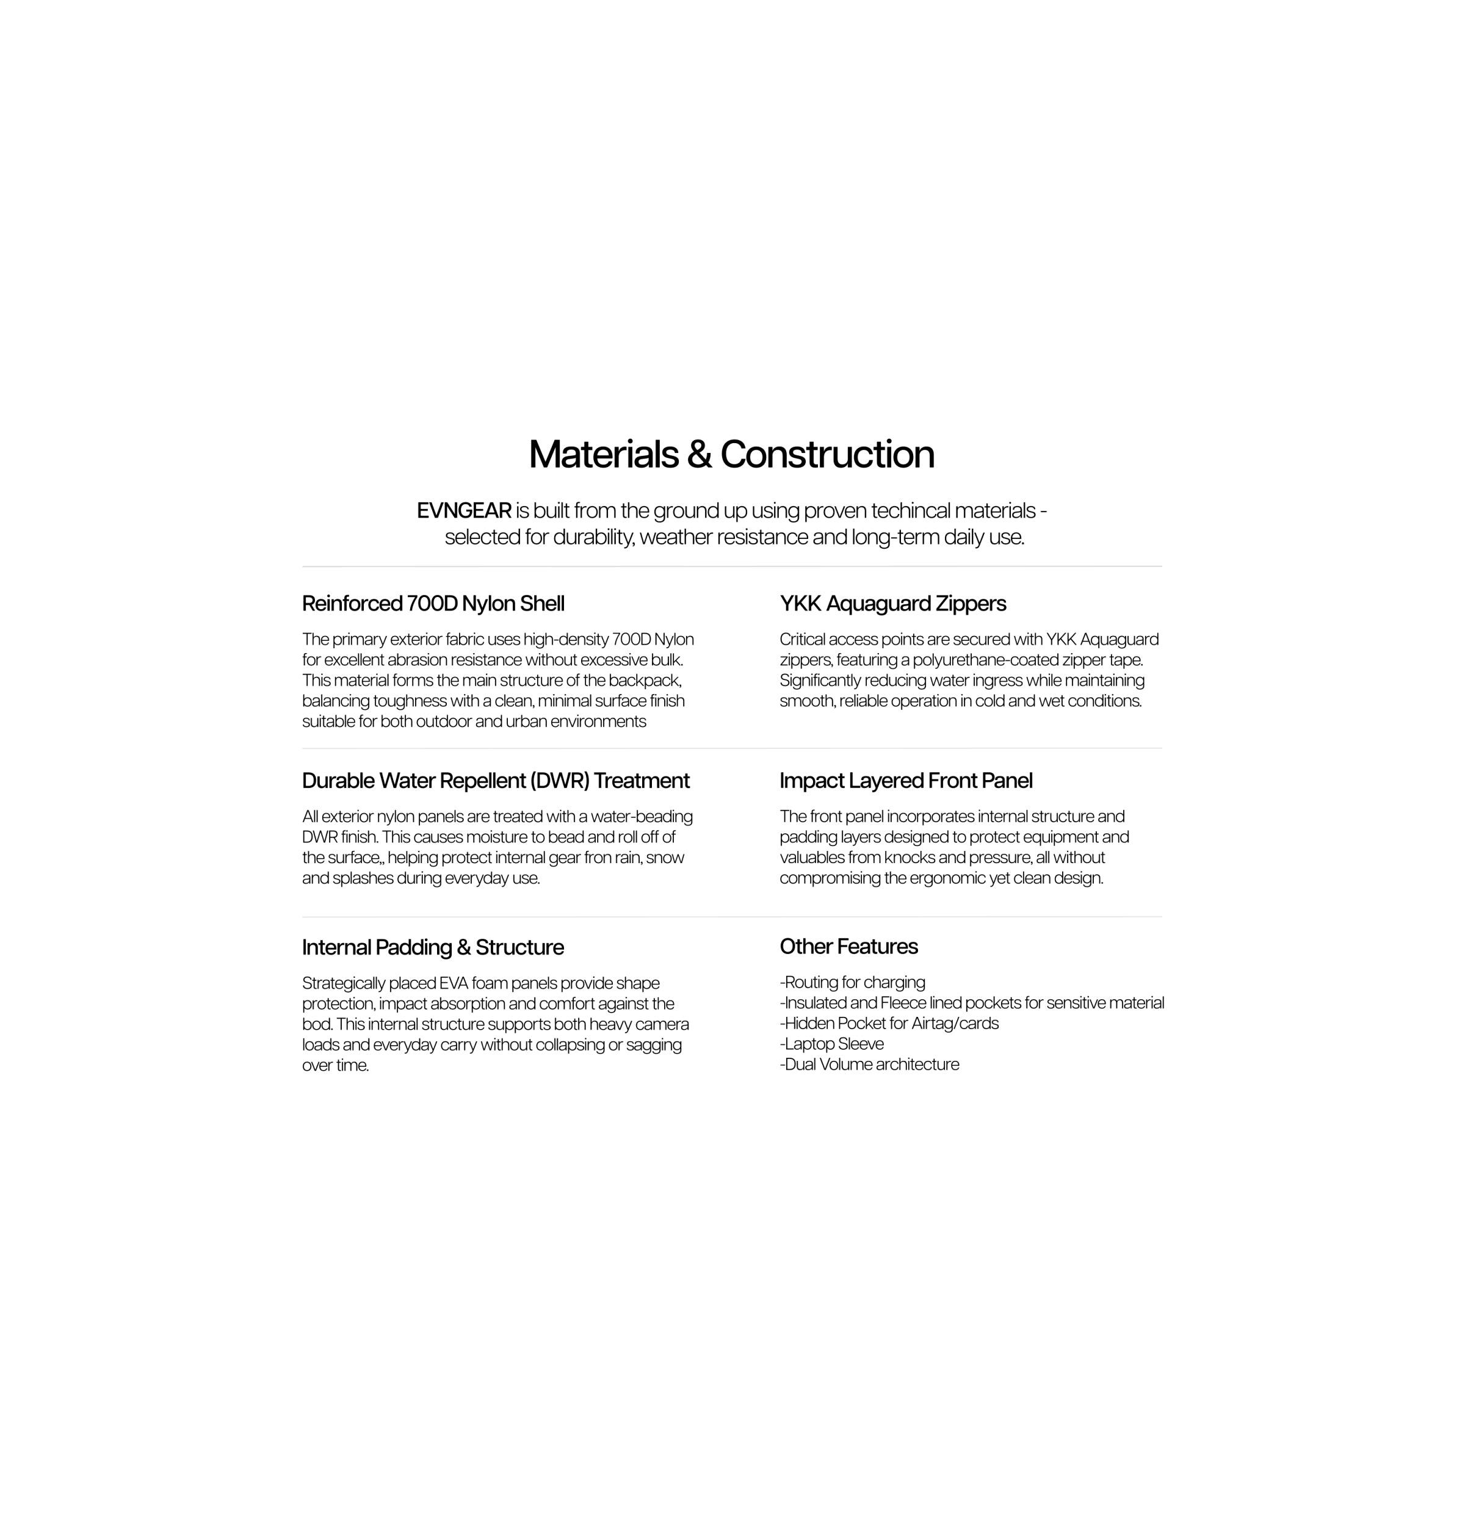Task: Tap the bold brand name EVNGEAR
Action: coord(464,511)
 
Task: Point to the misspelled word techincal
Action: coord(910,511)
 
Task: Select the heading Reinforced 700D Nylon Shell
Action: coord(433,604)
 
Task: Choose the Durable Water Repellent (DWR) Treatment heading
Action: coord(495,781)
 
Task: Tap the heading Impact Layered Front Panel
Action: coord(905,781)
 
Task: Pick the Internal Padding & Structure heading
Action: coord(432,947)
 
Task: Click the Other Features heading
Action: coord(848,947)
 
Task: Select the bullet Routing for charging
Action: coord(853,983)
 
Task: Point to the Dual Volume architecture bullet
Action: coord(870,1065)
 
